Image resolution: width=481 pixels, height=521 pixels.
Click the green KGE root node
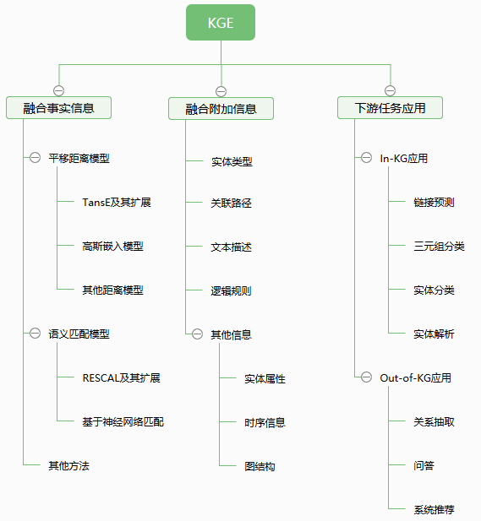(x=221, y=22)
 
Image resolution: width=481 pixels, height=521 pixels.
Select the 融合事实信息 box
(x=58, y=107)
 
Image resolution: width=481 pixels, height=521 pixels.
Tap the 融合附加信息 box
(x=221, y=109)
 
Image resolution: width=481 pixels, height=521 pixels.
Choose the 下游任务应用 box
(x=390, y=107)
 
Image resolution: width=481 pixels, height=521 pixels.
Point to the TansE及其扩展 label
(x=117, y=203)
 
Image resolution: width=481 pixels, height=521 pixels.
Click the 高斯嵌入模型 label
(x=112, y=247)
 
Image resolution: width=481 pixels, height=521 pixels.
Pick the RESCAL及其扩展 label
(x=122, y=377)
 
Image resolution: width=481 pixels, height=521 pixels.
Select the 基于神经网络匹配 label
(x=123, y=421)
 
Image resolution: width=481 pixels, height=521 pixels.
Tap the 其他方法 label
(x=68, y=465)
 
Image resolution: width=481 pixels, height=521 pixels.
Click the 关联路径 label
(x=231, y=203)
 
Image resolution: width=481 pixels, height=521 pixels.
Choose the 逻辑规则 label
(x=231, y=290)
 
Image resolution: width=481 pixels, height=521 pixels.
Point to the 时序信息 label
(x=265, y=422)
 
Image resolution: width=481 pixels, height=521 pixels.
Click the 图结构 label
(x=260, y=466)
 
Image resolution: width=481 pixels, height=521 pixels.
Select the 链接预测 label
(x=434, y=202)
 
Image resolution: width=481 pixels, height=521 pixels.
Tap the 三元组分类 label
(x=439, y=247)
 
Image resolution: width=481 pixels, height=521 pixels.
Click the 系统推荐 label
(x=434, y=509)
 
